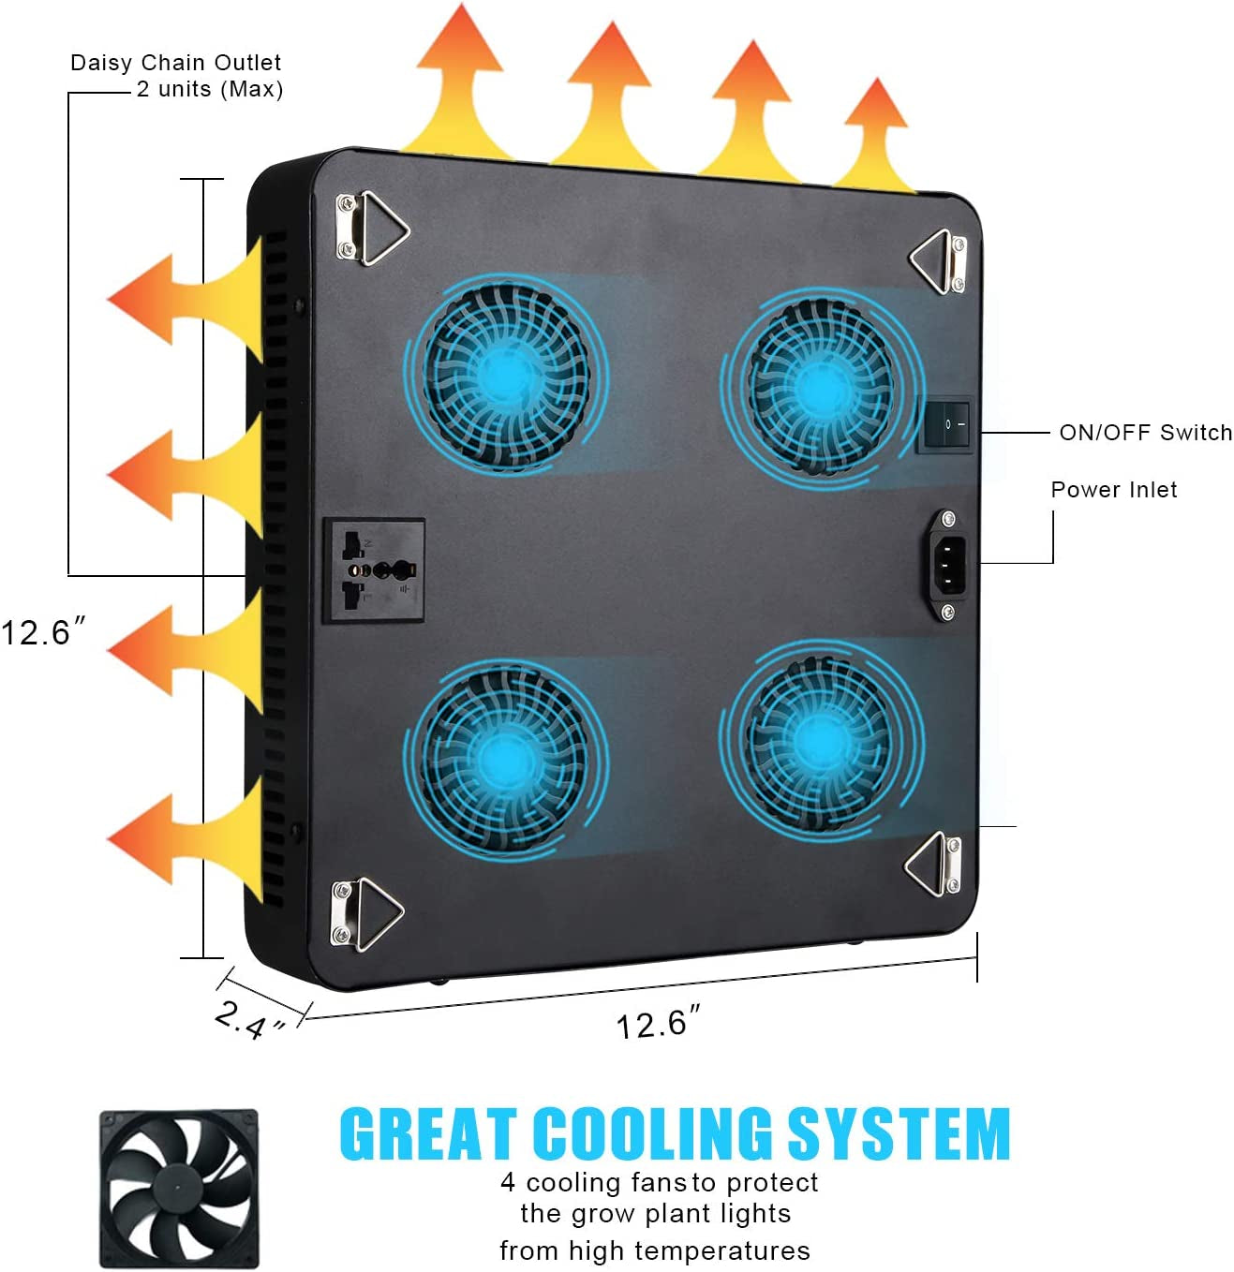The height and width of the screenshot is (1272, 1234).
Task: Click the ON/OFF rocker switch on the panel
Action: [945, 425]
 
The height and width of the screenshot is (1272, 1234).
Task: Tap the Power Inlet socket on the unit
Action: [948, 564]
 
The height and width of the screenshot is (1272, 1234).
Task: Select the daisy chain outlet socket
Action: [374, 569]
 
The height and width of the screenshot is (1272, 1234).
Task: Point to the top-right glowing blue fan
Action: [819, 385]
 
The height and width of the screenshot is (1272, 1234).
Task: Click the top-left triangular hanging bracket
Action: [372, 228]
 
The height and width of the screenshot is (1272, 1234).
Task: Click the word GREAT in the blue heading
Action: [427, 1133]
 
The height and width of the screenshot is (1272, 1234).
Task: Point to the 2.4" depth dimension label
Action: [248, 1019]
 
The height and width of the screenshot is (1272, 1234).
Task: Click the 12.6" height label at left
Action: [42, 631]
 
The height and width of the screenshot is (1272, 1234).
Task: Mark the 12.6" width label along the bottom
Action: [657, 1023]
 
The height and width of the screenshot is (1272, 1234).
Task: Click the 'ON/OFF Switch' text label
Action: [1145, 433]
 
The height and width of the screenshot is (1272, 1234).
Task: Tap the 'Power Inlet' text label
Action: [1113, 489]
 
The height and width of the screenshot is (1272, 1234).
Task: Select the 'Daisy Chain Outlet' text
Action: [176, 63]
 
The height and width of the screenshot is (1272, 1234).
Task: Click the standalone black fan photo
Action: [178, 1189]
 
